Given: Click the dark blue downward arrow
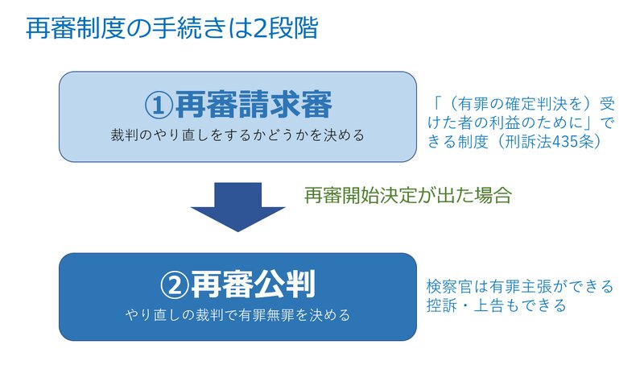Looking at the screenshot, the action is coord(237,207).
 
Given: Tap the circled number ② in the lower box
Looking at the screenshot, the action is coord(175,284).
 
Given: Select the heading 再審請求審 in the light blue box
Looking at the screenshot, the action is coord(254,105).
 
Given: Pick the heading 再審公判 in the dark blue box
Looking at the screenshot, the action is coord(253,284).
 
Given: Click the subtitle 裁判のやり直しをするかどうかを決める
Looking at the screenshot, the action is coord(237,135).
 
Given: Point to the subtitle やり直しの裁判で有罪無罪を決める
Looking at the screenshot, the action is coord(237,315).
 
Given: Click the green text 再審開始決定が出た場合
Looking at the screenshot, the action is coord(408,195).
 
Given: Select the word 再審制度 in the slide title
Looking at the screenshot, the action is coord(76,28).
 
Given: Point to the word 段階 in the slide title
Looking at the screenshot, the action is coord(292,28).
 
